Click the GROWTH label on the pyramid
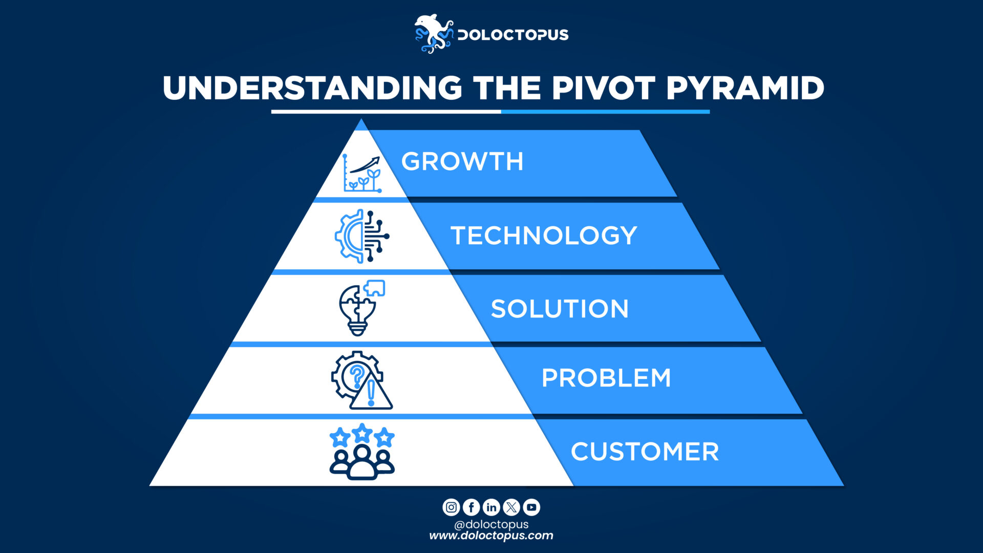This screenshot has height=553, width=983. [462, 162]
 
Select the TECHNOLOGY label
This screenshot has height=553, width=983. [544, 236]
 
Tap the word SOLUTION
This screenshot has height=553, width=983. [560, 309]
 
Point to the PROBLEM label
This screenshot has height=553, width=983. [606, 378]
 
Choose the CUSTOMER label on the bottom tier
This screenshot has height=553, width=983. [645, 452]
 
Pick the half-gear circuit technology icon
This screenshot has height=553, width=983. [362, 236]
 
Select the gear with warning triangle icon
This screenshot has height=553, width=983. [361, 380]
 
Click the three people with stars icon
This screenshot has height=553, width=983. [362, 452]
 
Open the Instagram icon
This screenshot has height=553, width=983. [451, 507]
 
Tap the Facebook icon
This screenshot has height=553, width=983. [471, 507]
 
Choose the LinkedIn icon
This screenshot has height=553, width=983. [491, 507]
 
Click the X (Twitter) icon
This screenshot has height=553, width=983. [511, 507]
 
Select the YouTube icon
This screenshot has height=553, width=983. [531, 507]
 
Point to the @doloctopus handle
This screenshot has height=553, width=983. [491, 524]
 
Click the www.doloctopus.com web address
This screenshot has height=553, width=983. [491, 536]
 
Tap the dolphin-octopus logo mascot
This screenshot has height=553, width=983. [433, 34]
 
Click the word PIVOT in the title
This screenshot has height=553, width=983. [603, 88]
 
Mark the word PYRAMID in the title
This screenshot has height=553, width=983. [745, 88]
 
